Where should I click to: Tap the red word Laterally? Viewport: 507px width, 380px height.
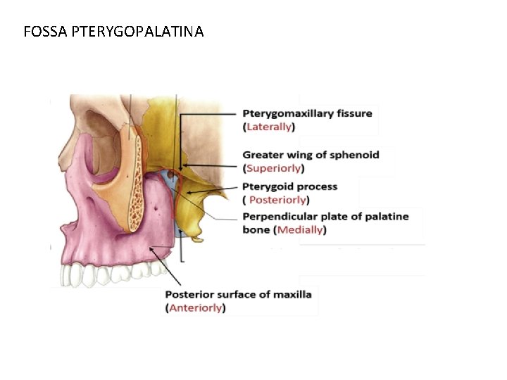tap(268, 127)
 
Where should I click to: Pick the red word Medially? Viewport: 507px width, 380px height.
tap(301, 230)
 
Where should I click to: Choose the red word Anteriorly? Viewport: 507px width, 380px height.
tap(195, 308)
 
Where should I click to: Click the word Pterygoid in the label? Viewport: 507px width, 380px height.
tap(265, 187)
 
